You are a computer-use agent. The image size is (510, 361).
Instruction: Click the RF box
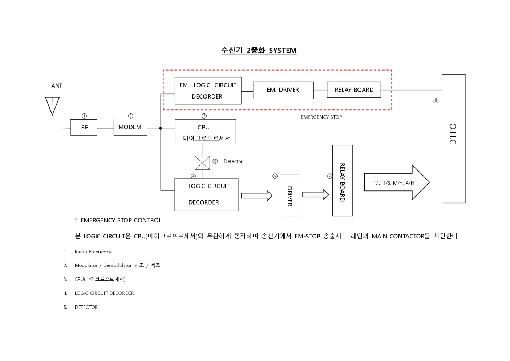pyautogui.click(x=84, y=127)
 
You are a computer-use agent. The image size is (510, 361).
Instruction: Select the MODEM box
pyautogui.click(x=130, y=127)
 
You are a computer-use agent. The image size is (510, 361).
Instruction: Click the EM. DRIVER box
pyautogui.click(x=283, y=90)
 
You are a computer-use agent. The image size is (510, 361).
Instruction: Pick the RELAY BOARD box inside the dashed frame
pyautogui.click(x=354, y=90)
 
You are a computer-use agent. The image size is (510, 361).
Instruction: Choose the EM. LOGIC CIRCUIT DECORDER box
pyautogui.click(x=208, y=91)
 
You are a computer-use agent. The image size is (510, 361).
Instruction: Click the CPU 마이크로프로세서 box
pyautogui.click(x=205, y=131)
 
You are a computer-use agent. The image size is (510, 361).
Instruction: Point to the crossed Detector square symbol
pyautogui.click(x=202, y=163)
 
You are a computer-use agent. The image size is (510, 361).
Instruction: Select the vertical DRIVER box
pyautogui.click(x=290, y=196)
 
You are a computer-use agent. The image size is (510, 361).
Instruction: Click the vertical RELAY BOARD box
pyautogui.click(x=342, y=181)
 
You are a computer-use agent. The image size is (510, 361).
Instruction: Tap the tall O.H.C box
pyautogui.click(x=453, y=139)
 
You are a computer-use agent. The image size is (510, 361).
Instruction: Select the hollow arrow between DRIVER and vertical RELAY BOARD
pyautogui.click(x=315, y=194)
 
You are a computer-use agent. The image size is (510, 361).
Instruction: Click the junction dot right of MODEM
pyautogui.click(x=161, y=128)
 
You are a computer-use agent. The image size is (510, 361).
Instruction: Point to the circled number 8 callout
pyautogui.click(x=436, y=101)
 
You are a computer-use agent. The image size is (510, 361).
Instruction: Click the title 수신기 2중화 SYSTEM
pyautogui.click(x=259, y=51)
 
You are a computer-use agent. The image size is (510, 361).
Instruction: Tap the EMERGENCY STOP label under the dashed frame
pyautogui.click(x=321, y=117)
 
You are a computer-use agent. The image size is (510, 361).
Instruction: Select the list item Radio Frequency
pyautogui.click(x=93, y=252)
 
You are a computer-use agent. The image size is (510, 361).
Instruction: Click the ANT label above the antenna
pyautogui.click(x=57, y=86)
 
